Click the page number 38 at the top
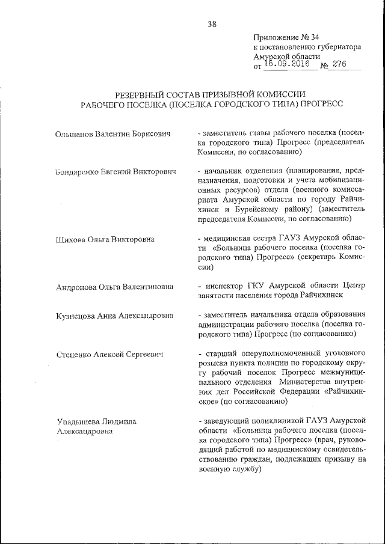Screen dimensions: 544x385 click(x=212, y=24)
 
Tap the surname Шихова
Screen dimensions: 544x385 click(x=69, y=239)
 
